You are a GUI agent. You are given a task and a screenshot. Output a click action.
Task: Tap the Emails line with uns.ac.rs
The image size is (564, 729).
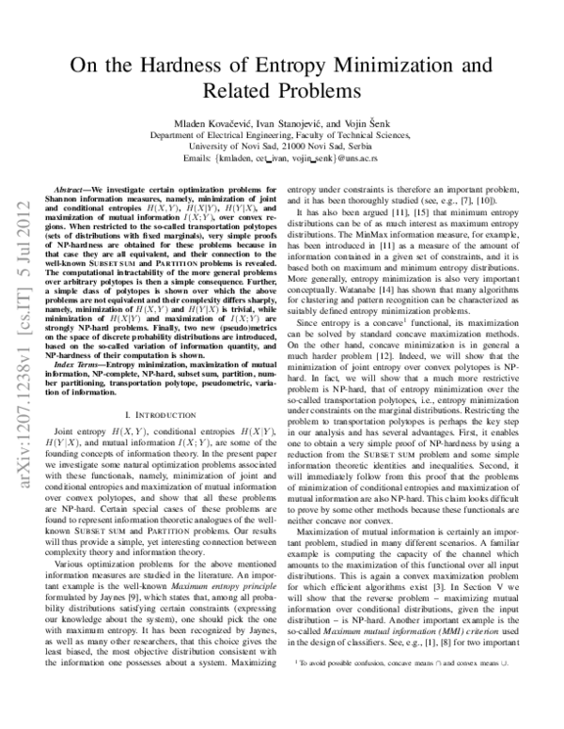[283, 161]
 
